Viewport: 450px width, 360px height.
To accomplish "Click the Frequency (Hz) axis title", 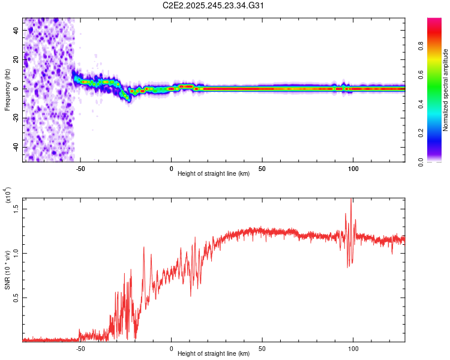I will point(8,90).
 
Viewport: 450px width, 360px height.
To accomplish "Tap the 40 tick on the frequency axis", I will point(16,32).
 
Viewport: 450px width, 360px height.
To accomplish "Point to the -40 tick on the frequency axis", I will point(14,147).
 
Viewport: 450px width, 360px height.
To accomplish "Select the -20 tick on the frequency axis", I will point(14,118).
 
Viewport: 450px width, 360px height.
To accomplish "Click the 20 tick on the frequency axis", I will point(16,61).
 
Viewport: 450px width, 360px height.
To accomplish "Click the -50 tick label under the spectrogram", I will point(80,169).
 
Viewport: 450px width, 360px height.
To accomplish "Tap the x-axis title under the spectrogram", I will point(214,175).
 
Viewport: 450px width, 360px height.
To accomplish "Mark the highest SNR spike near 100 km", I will point(351,200).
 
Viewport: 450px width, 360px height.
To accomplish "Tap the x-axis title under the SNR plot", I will point(214,355).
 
